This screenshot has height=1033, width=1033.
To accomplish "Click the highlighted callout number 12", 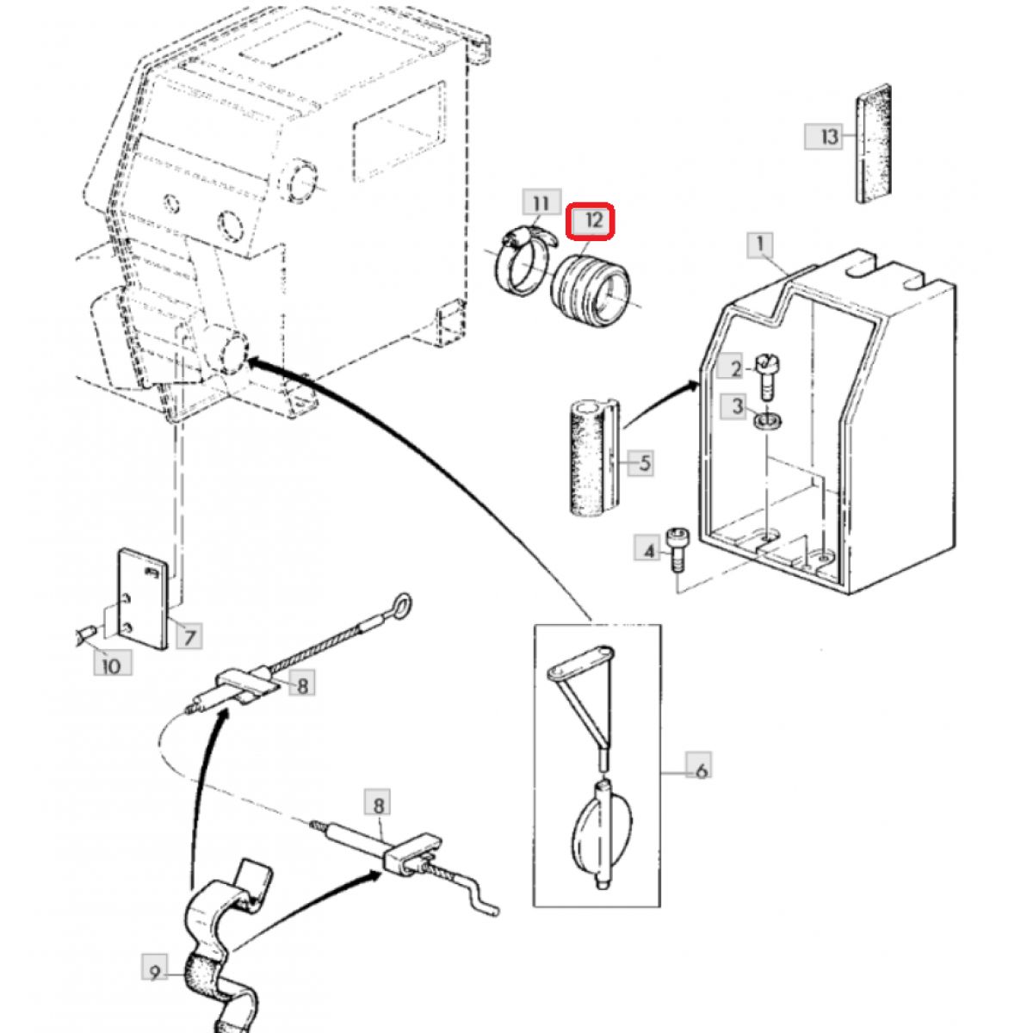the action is point(590,221).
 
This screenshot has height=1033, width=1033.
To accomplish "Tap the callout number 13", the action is point(824,136).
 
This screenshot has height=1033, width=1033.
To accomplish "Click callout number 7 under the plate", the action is point(189,638).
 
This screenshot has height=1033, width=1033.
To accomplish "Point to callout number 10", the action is point(112,666).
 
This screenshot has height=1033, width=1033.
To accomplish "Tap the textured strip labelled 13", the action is point(873,143).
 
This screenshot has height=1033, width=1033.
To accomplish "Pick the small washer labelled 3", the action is point(767,421).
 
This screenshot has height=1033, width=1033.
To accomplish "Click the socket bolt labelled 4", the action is point(677,551).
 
